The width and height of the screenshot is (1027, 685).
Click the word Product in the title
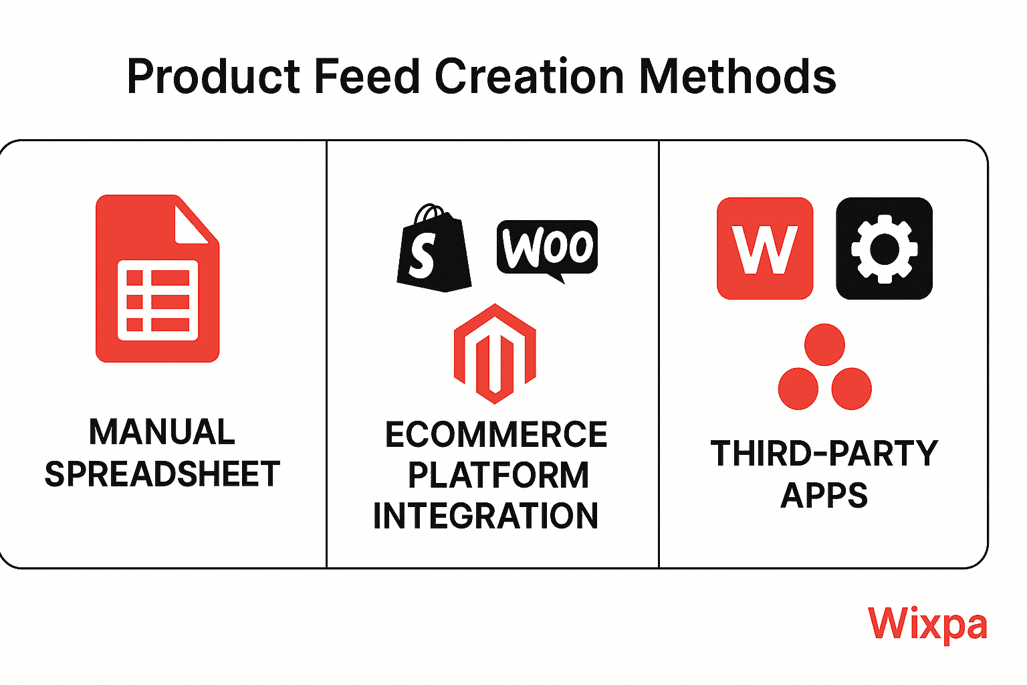(213, 76)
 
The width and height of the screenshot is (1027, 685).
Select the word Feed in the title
(367, 76)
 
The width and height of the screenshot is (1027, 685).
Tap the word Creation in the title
(529, 76)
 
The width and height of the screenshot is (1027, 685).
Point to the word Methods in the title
(737, 76)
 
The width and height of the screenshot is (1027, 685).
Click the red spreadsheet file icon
(157, 278)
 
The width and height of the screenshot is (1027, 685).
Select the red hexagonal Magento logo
(495, 354)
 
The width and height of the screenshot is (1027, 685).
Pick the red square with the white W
(765, 248)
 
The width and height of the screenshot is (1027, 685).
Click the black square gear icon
(884, 248)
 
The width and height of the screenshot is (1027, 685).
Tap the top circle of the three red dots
(824, 345)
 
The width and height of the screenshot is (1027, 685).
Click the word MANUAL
(162, 431)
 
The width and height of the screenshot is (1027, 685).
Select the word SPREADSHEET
(162, 474)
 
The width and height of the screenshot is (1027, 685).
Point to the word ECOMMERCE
(496, 434)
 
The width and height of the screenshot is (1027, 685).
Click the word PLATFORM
(498, 476)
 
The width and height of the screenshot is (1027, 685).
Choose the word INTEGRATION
(485, 516)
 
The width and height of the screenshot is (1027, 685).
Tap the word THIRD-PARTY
(824, 454)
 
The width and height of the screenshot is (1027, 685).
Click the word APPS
(824, 495)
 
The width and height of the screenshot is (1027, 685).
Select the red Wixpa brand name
(927, 625)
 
